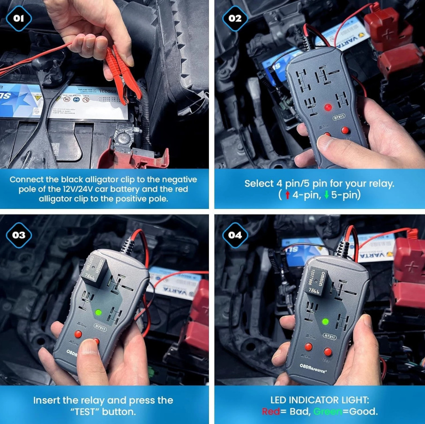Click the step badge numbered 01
[x=19, y=19]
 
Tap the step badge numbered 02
[x=235, y=19]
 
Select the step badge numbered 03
[x=19, y=235]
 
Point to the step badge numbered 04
[x=235, y=235]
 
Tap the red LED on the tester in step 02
[x=328, y=108]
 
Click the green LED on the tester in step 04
[x=325, y=322]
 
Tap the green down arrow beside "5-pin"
[x=327, y=194]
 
